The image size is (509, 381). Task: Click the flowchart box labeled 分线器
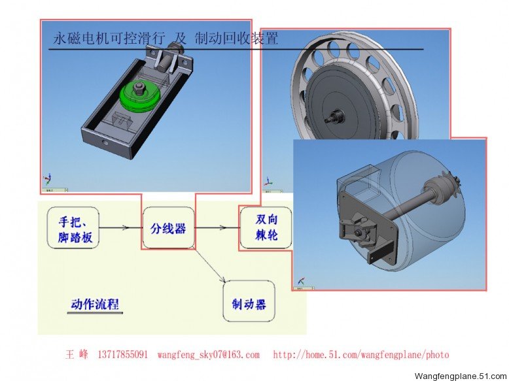[x=169, y=228]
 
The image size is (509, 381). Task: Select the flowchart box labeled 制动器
[x=249, y=301]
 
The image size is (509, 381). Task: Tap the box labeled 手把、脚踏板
[x=73, y=228]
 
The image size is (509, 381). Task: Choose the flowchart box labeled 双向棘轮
[x=266, y=228]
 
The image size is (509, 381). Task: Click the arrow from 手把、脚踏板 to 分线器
[x=121, y=227]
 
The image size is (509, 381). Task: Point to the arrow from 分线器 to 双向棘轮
[x=217, y=227]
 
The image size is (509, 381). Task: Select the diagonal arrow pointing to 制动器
[x=209, y=264]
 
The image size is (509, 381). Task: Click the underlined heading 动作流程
[x=95, y=305]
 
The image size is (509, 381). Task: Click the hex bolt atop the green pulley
[x=140, y=86]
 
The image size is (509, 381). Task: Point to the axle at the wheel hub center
[x=334, y=116]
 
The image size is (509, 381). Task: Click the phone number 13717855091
[x=122, y=354]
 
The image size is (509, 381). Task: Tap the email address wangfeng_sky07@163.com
[x=209, y=354]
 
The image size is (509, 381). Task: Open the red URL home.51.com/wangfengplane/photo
[x=361, y=354]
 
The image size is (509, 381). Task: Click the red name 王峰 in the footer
[x=77, y=354]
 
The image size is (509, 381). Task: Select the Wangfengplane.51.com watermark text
[x=461, y=376]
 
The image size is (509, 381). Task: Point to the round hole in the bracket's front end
[x=105, y=142]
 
